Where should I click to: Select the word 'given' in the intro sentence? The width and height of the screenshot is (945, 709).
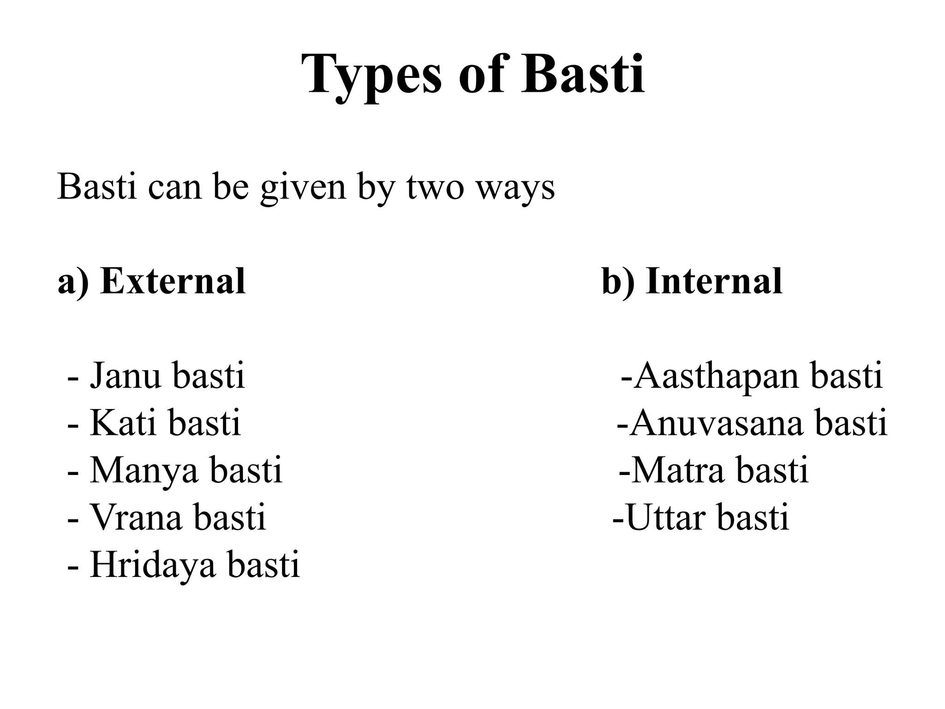303,188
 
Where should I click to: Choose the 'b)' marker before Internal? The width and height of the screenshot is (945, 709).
618,282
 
